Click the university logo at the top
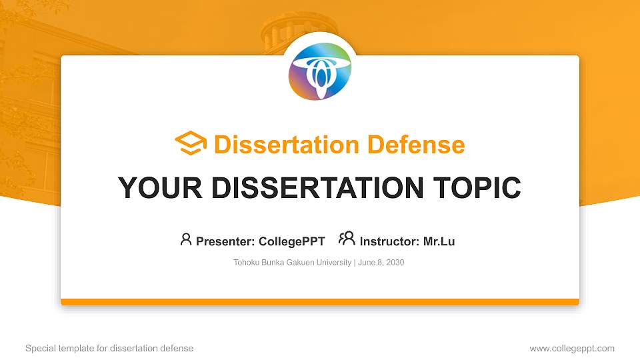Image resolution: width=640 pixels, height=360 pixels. [320, 70]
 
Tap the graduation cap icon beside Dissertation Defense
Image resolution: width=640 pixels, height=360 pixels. [191, 144]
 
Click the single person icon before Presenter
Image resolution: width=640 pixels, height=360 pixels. [186, 239]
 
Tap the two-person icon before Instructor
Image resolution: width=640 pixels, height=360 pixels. [347, 239]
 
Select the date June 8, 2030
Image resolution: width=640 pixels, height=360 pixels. [381, 263]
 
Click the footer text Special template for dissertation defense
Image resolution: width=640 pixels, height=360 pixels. [109, 348]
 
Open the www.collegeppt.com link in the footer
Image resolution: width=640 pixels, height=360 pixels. [572, 348]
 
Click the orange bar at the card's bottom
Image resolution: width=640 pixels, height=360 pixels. [320, 302]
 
